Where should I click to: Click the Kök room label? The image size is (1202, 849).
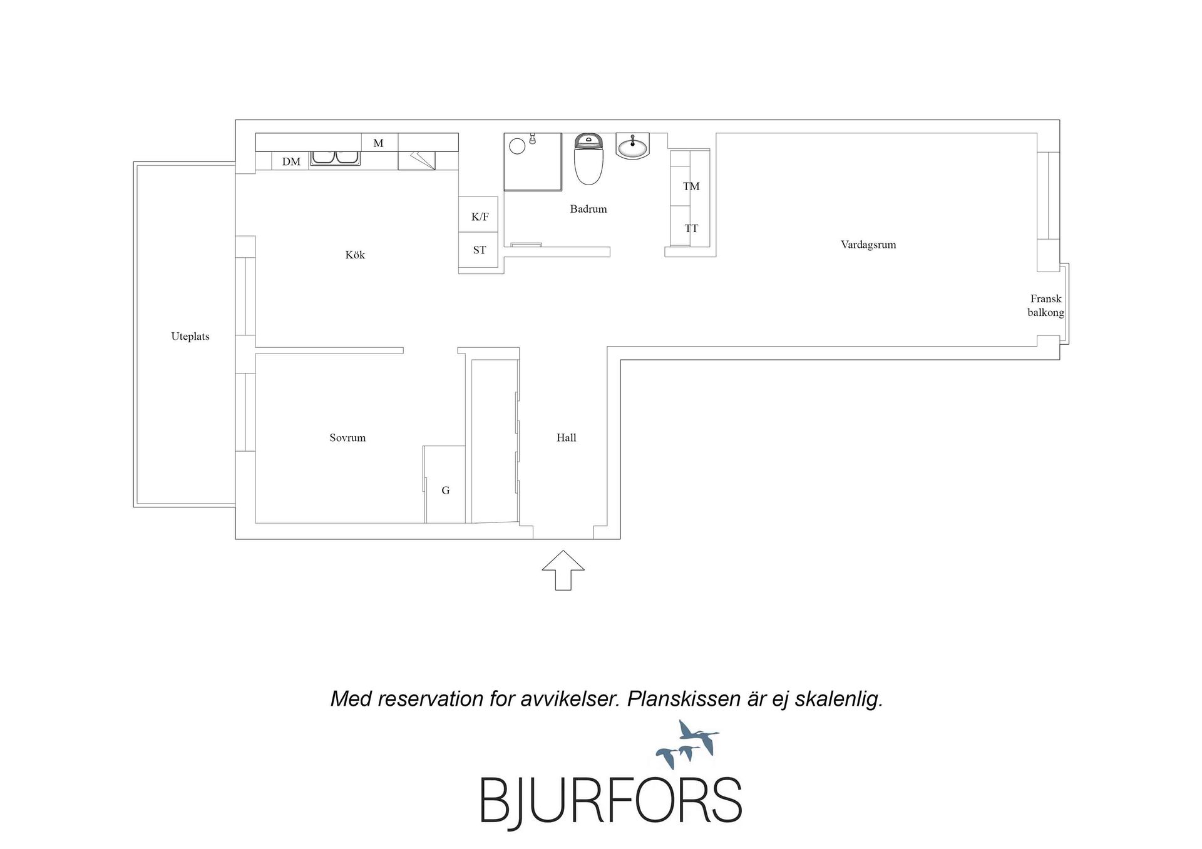pos(355,255)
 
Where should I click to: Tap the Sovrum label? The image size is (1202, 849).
pos(347,438)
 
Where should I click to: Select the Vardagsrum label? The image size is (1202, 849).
pos(868,245)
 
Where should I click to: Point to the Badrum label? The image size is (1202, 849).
pos(588,209)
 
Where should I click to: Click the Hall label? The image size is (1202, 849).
pos(567,438)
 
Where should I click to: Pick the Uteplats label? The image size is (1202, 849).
pos(190,337)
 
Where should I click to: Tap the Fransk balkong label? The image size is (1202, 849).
pos(1046,306)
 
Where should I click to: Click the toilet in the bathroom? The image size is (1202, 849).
pos(588,159)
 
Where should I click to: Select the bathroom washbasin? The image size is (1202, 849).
pos(633,146)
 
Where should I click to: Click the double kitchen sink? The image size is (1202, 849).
pos(336,157)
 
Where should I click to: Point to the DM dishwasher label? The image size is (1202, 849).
pos(291,162)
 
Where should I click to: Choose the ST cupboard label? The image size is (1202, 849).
pos(480,250)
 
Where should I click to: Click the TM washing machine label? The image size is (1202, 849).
pos(691,186)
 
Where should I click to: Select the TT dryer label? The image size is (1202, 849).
pos(691,229)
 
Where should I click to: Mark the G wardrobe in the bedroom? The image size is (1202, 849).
pos(444,484)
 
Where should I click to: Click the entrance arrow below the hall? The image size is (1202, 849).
pos(563,570)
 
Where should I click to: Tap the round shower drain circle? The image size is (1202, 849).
pos(517,146)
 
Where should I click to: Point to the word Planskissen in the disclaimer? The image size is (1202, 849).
pos(684,699)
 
